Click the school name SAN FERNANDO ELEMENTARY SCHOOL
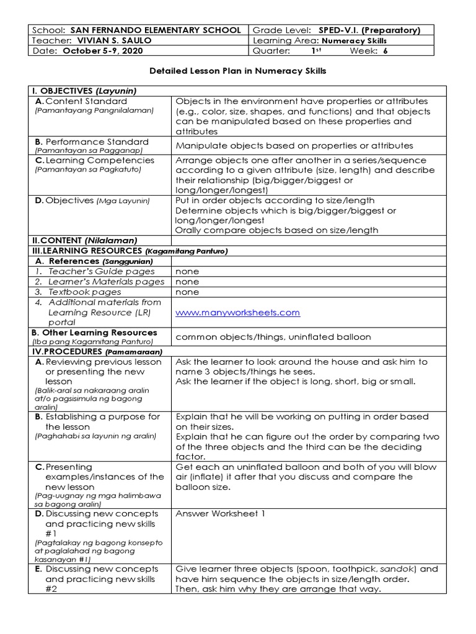(156, 30)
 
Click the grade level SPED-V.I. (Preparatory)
(369, 30)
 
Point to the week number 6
(385, 51)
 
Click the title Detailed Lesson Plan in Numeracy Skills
(238, 71)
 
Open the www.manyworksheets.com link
(237, 313)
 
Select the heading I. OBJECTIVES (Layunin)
(84, 90)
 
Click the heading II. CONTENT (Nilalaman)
(84, 240)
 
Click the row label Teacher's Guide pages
(102, 271)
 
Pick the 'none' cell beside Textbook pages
(187, 292)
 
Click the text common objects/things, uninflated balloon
(273, 337)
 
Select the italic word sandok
(394, 568)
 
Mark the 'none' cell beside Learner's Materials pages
(187, 281)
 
